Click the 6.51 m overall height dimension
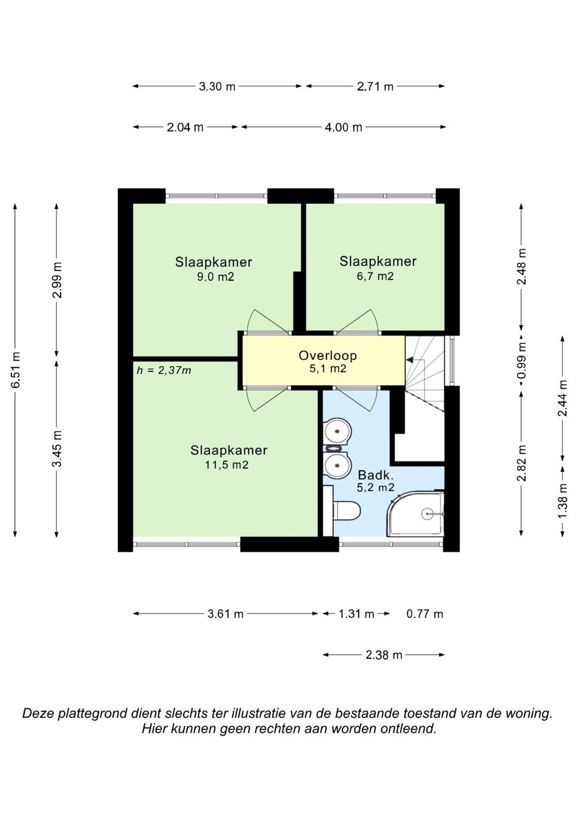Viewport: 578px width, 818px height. tap(16, 370)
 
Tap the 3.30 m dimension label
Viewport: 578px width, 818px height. tap(217, 87)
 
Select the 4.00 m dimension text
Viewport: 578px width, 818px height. tap(344, 127)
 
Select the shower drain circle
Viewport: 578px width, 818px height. tap(427, 514)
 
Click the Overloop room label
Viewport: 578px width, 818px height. tap(328, 355)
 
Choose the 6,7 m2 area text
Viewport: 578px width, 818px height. tap(375, 276)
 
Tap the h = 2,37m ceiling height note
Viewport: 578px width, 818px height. tap(164, 371)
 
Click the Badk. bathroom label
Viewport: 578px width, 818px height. tap(376, 475)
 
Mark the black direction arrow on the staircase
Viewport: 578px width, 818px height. tap(411, 359)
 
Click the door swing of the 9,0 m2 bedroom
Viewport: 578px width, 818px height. tap(268, 321)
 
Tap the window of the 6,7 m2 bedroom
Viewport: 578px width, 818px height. tap(385, 196)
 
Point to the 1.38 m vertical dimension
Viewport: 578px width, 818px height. tap(562, 501)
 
